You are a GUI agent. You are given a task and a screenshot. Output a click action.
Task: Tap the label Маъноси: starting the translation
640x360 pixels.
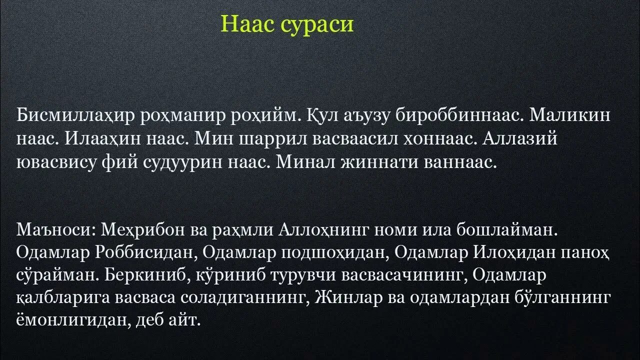(x=56, y=231)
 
